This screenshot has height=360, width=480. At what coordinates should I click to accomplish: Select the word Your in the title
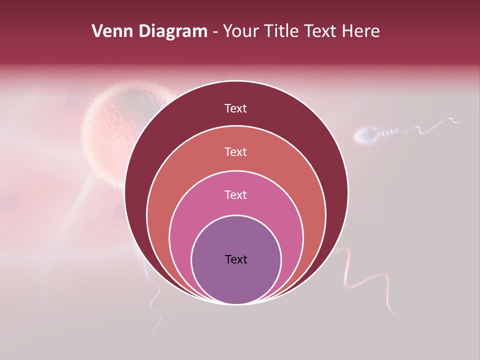click(240, 31)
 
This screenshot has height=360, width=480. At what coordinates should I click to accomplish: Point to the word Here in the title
click(361, 31)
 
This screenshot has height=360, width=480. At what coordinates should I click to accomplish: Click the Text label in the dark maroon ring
click(236, 108)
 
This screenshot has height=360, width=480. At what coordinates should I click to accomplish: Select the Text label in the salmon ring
click(236, 151)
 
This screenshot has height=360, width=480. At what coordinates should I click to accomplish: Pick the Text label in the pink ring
click(236, 194)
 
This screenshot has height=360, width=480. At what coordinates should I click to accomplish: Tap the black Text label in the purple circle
click(236, 259)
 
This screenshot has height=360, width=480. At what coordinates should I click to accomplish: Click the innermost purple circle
click(236, 280)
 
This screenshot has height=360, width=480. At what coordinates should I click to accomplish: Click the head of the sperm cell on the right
click(366, 134)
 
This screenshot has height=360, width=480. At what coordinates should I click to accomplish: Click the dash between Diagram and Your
click(215, 32)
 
